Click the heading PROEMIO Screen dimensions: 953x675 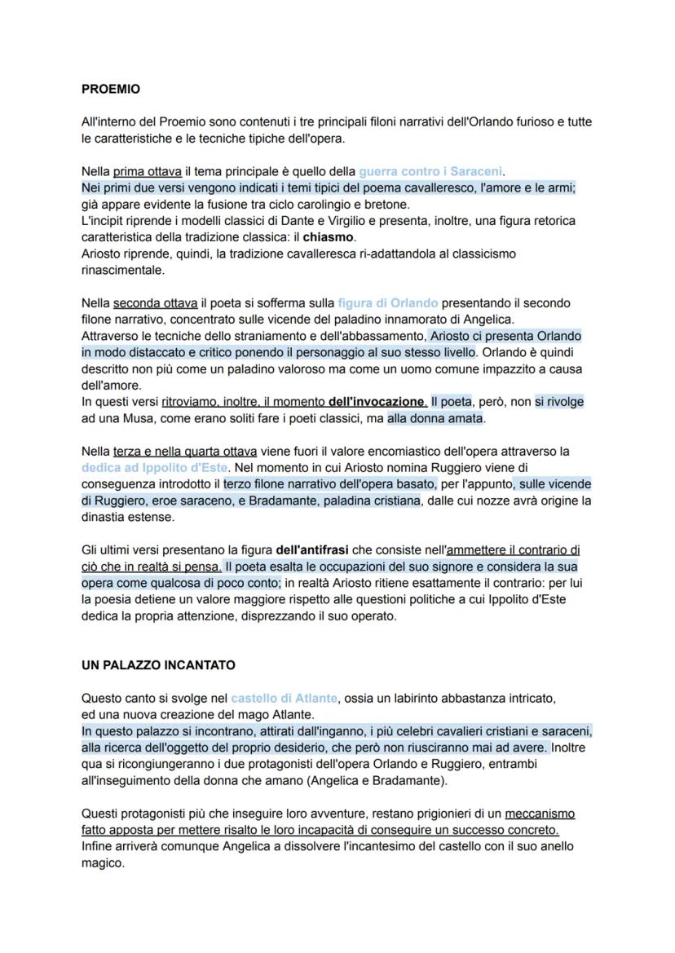(x=111, y=89)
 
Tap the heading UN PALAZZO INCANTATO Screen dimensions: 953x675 (x=158, y=665)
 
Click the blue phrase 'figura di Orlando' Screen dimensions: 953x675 (x=387, y=302)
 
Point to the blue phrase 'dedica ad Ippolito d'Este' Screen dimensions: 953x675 (x=155, y=468)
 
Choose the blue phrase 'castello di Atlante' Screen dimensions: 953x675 (x=284, y=698)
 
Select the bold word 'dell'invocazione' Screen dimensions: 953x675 (x=376, y=402)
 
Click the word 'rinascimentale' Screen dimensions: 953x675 (x=122, y=270)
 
